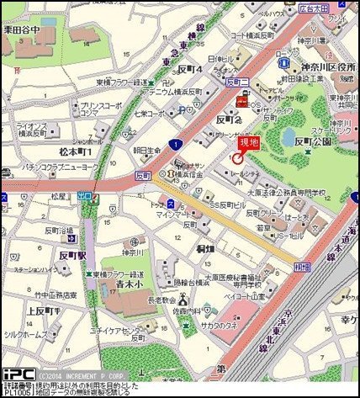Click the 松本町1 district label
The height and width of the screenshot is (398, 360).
[x=74, y=151]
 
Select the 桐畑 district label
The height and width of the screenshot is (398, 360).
[x=207, y=249]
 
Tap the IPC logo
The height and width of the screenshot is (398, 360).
[x=18, y=373]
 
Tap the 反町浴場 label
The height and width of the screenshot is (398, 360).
[x=57, y=231]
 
